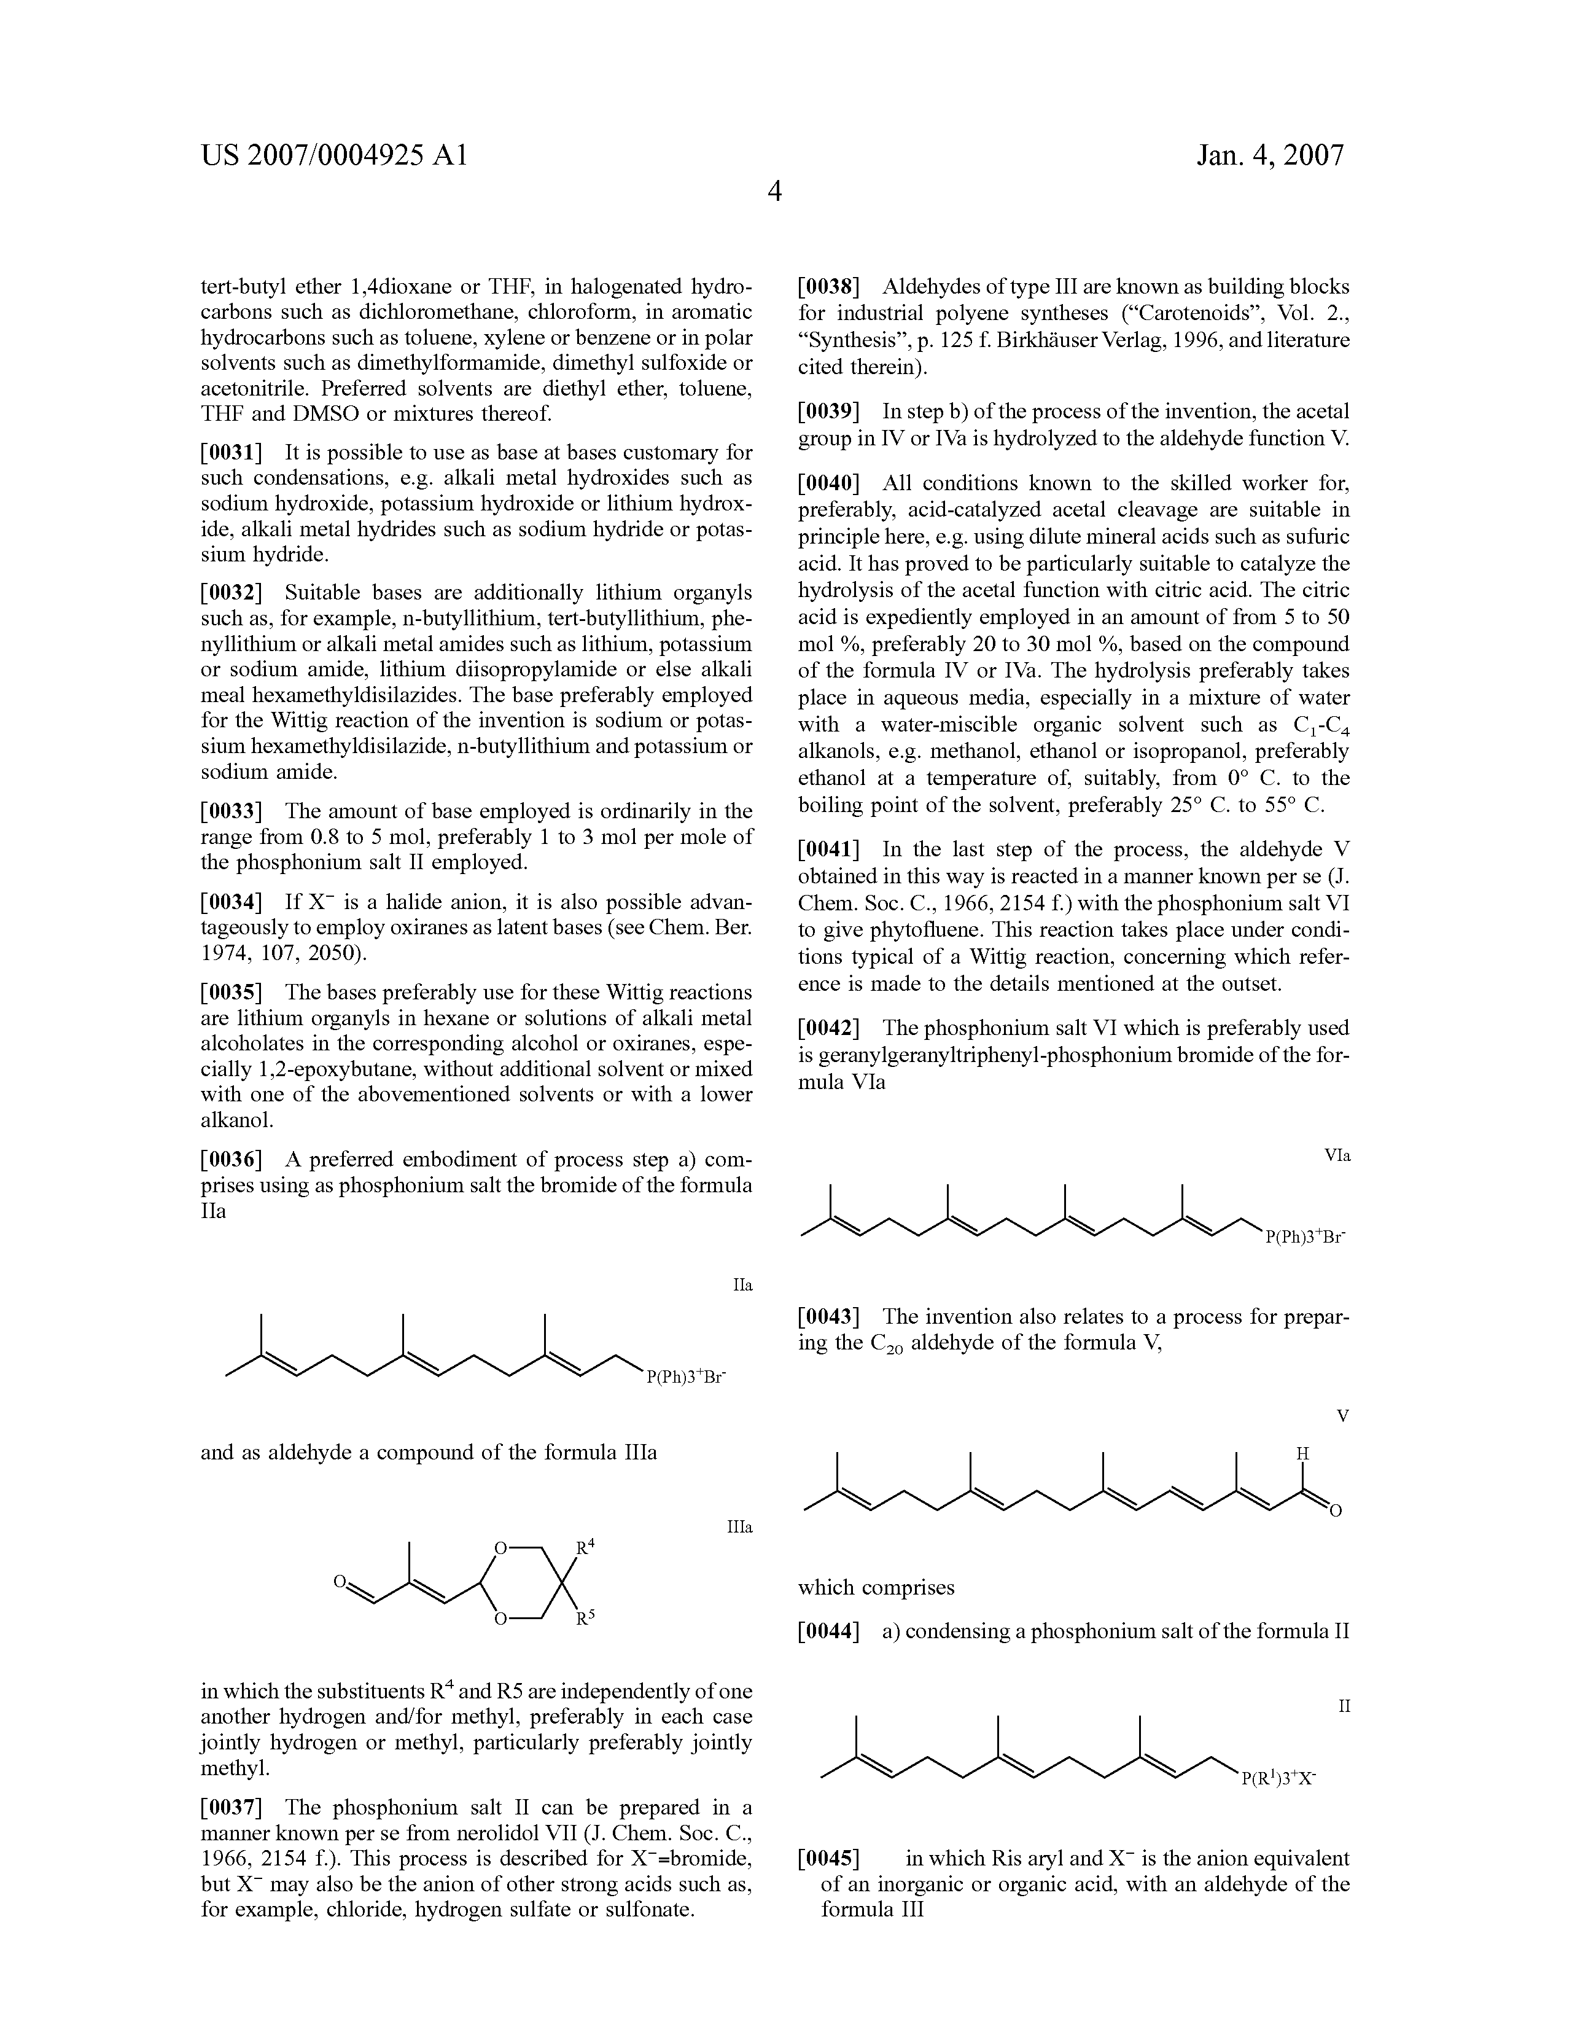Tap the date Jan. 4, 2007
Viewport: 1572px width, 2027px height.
pyautogui.click(x=1269, y=154)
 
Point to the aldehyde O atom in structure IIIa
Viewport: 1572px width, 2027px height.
pyautogui.click(x=341, y=1580)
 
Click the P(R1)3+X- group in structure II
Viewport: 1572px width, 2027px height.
pyautogui.click(x=1280, y=1779)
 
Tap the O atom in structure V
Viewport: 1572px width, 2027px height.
pyautogui.click(x=1336, y=1512)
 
